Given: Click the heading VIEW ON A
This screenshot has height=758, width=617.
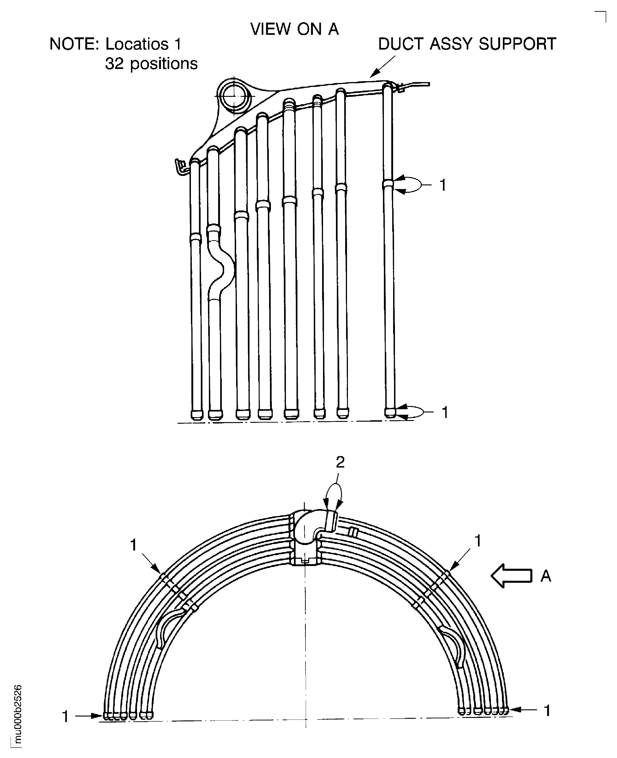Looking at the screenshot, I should (x=294, y=29).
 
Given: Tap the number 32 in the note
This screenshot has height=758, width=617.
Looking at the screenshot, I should (x=114, y=64).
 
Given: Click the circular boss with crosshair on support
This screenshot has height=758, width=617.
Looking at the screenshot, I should (x=234, y=96).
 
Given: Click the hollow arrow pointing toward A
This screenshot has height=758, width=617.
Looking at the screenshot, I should (x=511, y=575).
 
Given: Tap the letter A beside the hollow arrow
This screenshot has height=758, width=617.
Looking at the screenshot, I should (x=546, y=576).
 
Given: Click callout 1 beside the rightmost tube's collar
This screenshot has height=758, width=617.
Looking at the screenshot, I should (x=443, y=185).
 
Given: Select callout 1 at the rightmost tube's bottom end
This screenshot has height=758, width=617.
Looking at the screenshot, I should (x=445, y=412).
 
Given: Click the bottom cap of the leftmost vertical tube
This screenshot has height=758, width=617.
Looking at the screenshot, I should (x=196, y=415).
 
